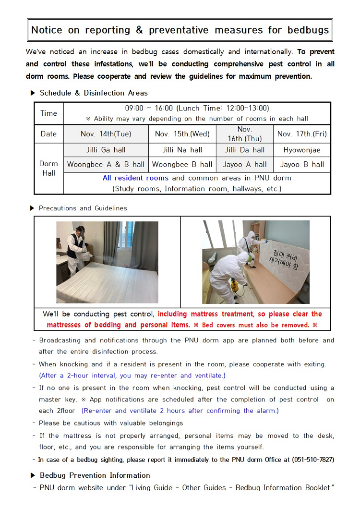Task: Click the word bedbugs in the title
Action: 308,30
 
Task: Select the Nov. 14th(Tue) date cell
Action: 106,134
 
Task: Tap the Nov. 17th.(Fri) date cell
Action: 302,134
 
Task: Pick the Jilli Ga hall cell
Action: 106,150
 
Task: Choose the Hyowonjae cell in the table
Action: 302,150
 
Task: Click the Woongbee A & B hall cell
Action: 106,164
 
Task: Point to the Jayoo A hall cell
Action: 245,164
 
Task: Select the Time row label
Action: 48,113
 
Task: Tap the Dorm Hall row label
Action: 48,168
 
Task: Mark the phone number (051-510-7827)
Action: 312,460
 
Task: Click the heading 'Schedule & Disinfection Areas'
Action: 94,93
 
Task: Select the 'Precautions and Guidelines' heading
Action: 83,208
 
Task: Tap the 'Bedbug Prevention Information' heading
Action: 95,475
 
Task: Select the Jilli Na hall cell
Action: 182,150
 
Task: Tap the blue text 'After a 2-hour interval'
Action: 79,376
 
